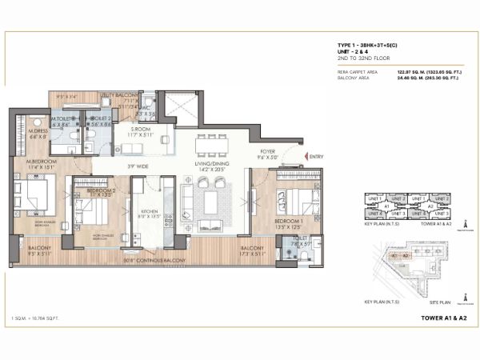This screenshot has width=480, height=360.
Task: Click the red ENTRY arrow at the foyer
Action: [300, 158]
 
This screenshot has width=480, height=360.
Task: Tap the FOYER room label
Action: [268, 150]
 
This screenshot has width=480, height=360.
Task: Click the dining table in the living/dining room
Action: [212, 146]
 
